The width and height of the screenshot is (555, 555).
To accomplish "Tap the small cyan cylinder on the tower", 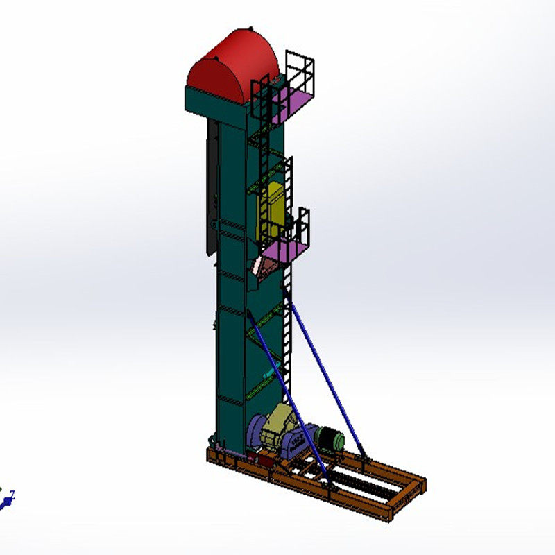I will [x=268, y=374].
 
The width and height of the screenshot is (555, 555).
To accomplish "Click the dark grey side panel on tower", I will [x=211, y=187].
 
